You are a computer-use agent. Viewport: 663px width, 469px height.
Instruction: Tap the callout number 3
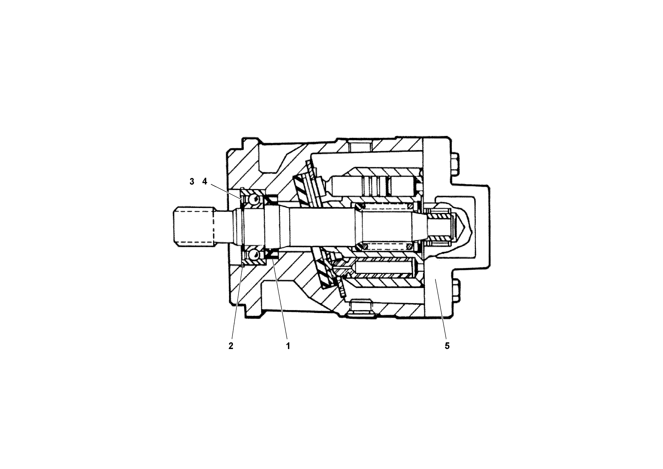click(x=192, y=182)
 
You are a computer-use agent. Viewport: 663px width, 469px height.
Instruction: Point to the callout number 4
click(x=205, y=182)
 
